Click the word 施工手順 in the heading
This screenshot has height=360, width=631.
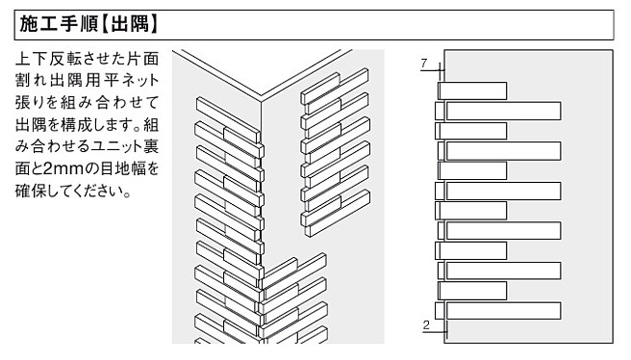pos(59,24)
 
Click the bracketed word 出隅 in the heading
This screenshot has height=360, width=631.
pos(130,24)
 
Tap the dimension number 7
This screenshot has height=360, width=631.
pos(424,63)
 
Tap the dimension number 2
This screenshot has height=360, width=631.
pos(426,324)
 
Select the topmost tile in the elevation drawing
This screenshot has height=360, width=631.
pos(472,90)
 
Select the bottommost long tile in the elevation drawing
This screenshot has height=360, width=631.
pos(503,311)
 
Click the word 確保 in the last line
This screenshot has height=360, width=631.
pos(32,191)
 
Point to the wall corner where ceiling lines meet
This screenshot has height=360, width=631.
pos(262,96)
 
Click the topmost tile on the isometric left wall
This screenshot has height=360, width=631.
pos(227,119)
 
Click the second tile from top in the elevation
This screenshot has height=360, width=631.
pos(503,111)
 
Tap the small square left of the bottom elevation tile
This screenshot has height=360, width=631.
pos(440,311)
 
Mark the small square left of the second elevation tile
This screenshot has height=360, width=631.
pos(440,111)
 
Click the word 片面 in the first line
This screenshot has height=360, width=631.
pos(142,59)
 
